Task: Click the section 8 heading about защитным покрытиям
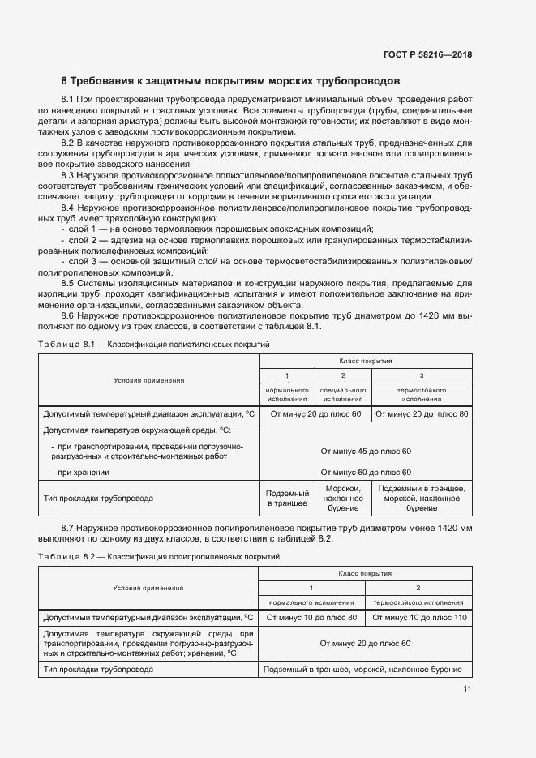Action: coord(230,82)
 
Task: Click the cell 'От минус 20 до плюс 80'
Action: coord(421,414)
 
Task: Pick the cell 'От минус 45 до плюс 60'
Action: coord(366,451)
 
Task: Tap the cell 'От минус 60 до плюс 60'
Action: coord(366,472)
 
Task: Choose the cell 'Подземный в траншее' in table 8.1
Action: coord(288,498)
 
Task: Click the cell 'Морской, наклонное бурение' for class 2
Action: coord(342,498)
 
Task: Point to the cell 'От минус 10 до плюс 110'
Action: coord(418,618)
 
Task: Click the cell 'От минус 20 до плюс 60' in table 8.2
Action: coord(365,643)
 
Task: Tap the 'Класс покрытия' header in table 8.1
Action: coord(365,362)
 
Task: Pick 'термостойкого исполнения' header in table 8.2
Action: coord(418,602)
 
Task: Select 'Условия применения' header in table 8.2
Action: coord(148,588)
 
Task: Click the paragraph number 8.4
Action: coord(68,208)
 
